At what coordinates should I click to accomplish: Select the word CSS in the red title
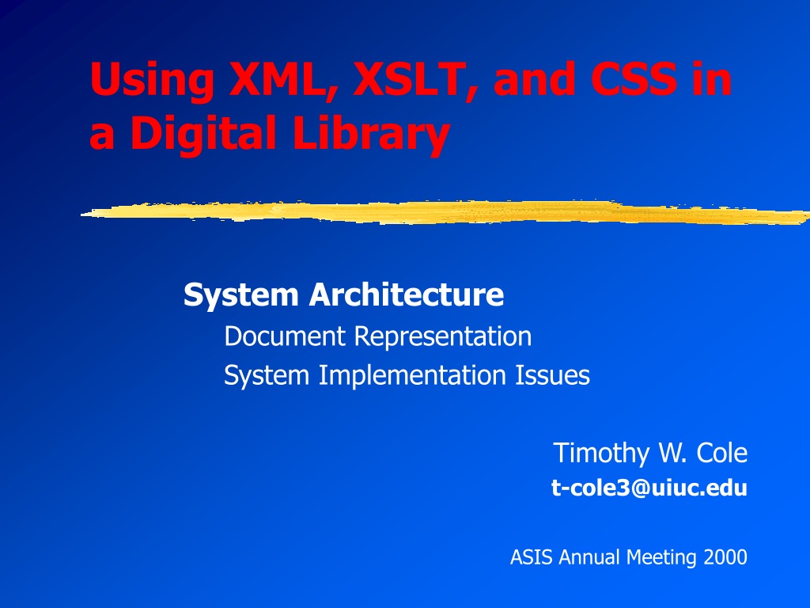(x=634, y=78)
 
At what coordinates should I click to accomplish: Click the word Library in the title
(x=370, y=133)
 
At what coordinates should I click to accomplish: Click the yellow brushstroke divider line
(x=445, y=212)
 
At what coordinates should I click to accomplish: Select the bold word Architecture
(x=406, y=294)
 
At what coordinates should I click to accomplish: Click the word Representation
(x=443, y=337)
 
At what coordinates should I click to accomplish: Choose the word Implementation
(x=411, y=376)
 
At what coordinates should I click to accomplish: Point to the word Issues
(x=552, y=374)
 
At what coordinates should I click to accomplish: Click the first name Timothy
(x=601, y=454)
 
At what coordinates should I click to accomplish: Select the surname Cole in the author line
(x=721, y=453)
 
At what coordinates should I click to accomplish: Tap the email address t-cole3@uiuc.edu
(x=649, y=488)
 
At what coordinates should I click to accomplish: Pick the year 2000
(x=725, y=557)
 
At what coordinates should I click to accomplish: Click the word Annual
(x=589, y=557)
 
